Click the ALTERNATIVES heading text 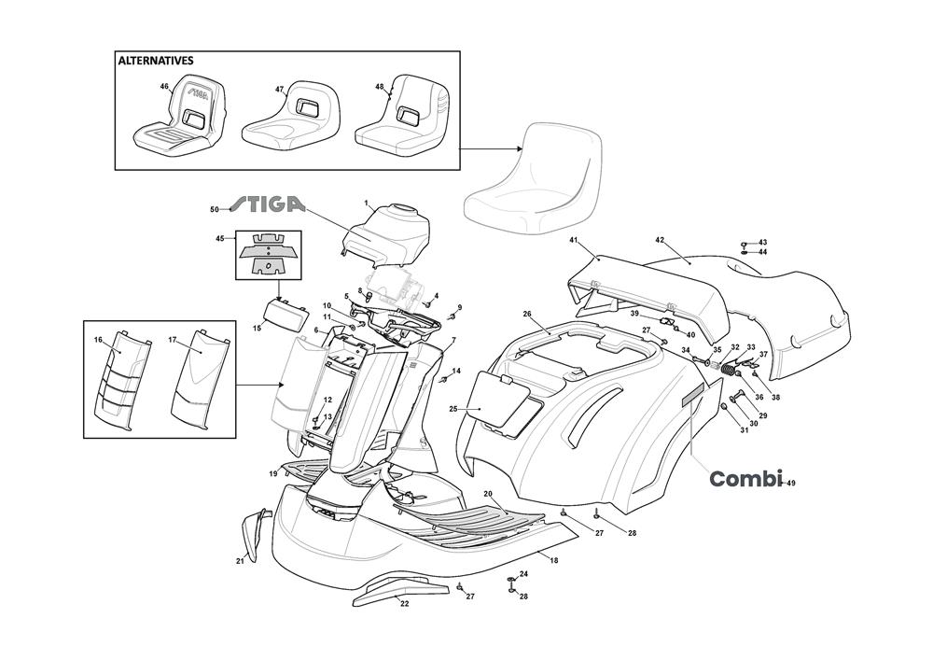point(156,61)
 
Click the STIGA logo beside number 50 point(267,204)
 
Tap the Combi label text point(745,479)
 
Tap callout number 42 point(660,240)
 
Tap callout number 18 point(553,560)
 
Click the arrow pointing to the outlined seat point(491,148)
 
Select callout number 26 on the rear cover point(527,314)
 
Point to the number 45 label point(220,239)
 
